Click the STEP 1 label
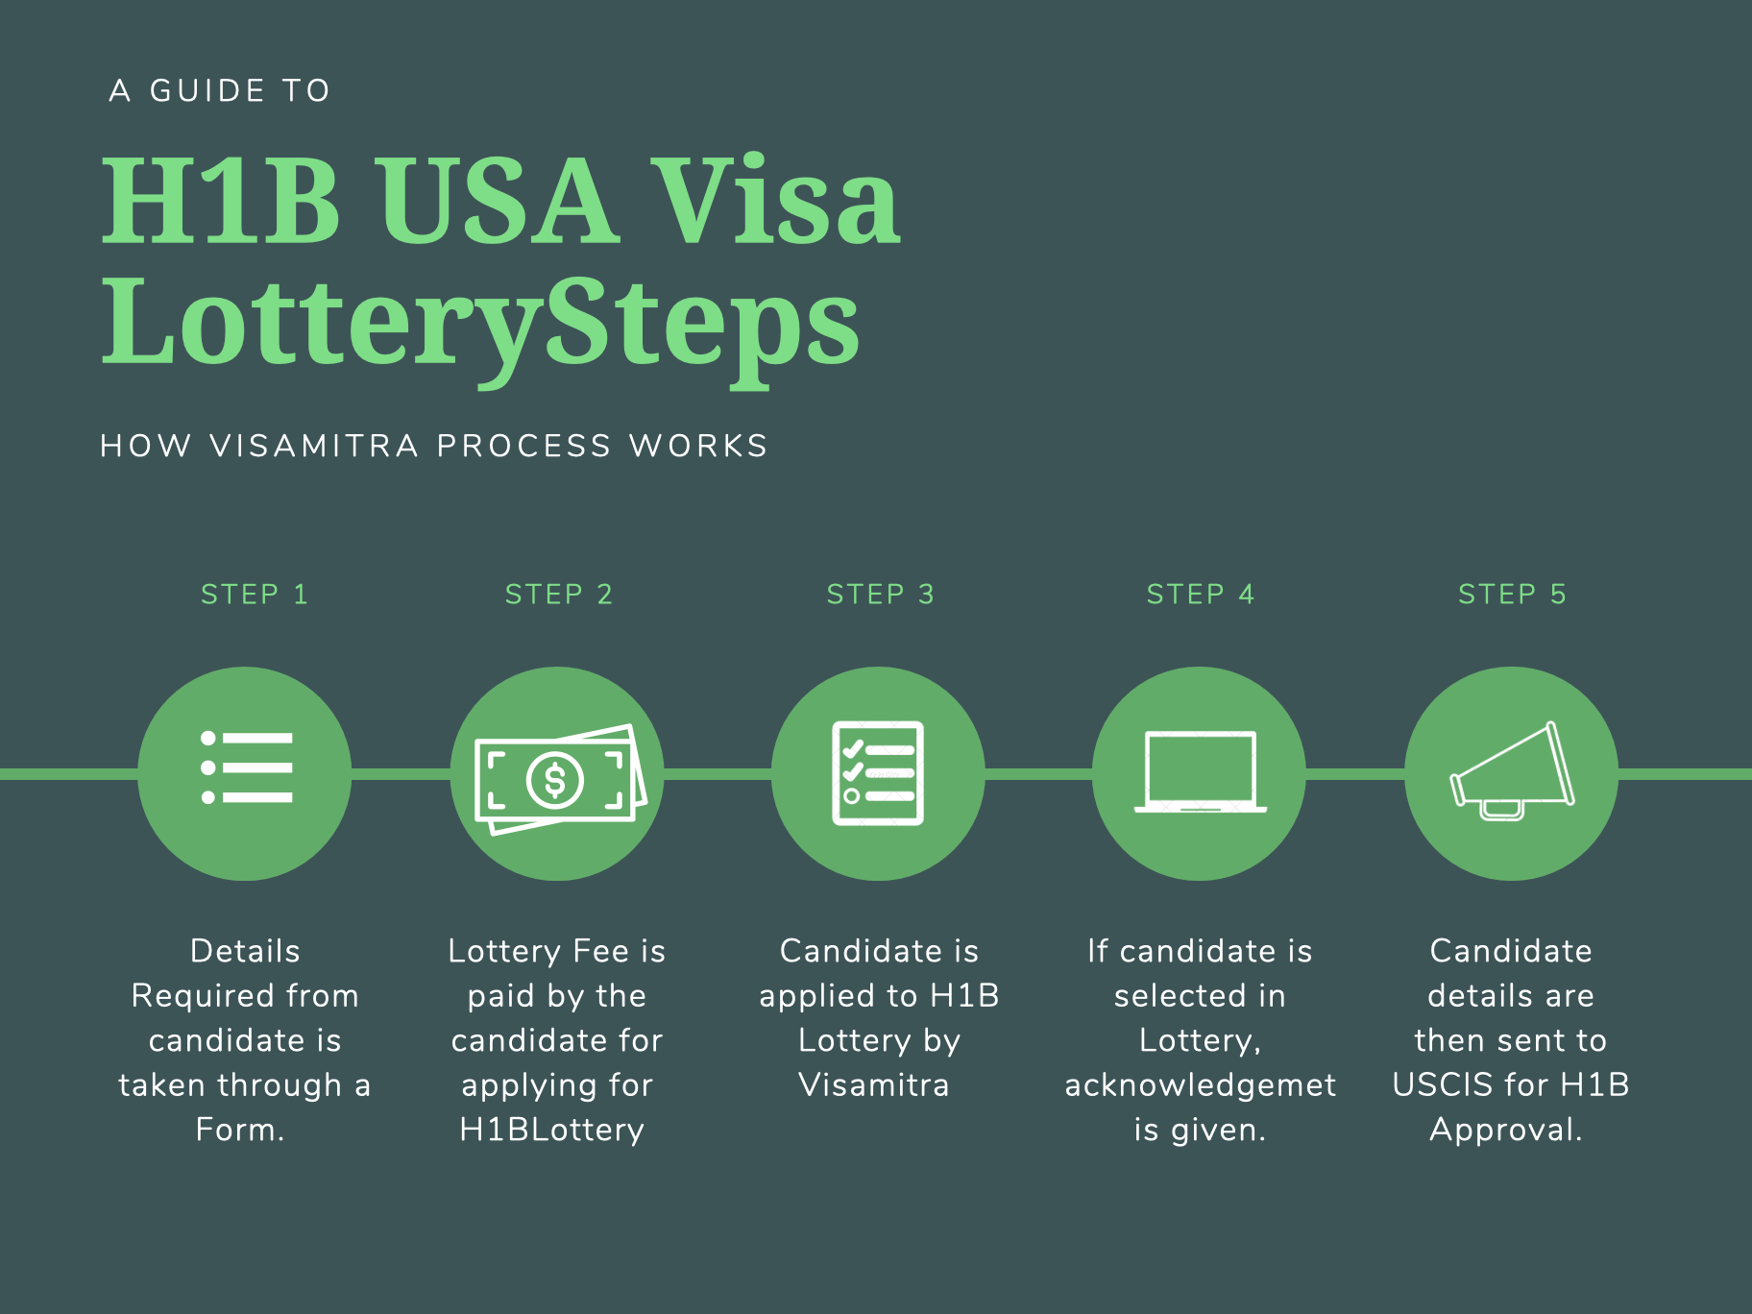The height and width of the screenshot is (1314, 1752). click(x=255, y=595)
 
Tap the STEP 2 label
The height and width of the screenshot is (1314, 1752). click(x=559, y=595)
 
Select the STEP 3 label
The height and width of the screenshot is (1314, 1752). click(x=880, y=595)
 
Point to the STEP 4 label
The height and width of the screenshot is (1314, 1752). click(x=1201, y=595)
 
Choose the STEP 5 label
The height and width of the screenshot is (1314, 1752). click(x=1512, y=595)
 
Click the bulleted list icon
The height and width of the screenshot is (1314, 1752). click(x=246, y=767)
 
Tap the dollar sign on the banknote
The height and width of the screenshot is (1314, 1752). click(x=555, y=779)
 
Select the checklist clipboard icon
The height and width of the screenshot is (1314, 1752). click(x=878, y=772)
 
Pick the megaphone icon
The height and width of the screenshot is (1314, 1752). click(x=1512, y=771)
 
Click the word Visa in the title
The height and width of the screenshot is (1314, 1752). click(x=775, y=201)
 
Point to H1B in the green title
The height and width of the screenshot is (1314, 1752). click(x=222, y=201)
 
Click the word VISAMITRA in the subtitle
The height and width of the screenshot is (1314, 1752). click(x=314, y=446)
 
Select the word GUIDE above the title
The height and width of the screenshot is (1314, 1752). click(x=207, y=91)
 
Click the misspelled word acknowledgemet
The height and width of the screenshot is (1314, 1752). click(x=1200, y=1085)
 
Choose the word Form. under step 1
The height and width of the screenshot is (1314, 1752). click(x=240, y=1130)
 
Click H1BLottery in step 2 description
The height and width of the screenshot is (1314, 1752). click(x=552, y=1130)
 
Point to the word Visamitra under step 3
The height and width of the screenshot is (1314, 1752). click(x=874, y=1085)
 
